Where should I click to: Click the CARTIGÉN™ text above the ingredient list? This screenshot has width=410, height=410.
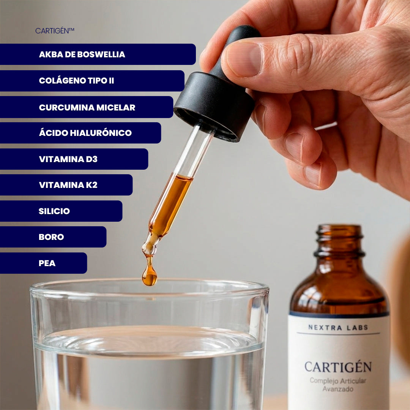click(x=55, y=31)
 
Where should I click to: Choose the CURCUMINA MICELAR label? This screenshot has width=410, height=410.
click(x=87, y=107)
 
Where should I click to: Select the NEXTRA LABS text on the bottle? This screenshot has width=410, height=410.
click(x=338, y=327)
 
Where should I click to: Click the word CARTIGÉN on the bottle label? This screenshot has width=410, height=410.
click(x=338, y=367)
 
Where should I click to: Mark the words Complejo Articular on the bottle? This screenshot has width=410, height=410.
click(x=338, y=381)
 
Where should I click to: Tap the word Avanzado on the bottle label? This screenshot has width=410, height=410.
click(x=338, y=389)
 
